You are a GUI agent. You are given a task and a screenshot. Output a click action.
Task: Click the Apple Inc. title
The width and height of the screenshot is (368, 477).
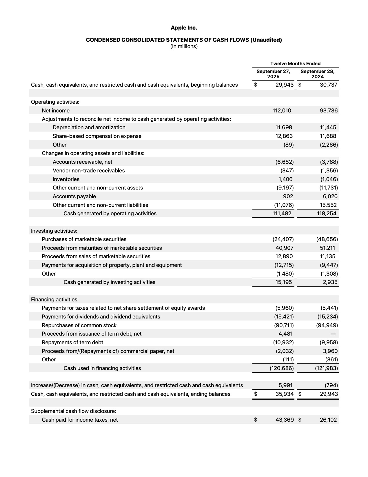click(184, 28)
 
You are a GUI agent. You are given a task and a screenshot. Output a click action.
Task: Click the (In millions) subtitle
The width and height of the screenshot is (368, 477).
click(184, 46)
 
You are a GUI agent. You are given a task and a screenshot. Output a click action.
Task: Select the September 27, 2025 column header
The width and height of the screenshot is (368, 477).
click(273, 74)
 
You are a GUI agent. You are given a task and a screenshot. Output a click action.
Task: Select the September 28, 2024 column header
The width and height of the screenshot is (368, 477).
click(317, 74)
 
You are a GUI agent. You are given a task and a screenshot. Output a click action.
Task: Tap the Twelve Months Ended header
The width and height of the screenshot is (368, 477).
click(295, 63)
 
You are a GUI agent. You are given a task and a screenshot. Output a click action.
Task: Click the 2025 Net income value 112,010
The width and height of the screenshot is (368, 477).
click(282, 110)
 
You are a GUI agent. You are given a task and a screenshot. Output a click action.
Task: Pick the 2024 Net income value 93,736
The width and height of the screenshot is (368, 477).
click(329, 110)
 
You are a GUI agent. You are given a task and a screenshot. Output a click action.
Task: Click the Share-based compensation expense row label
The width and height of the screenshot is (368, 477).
click(97, 136)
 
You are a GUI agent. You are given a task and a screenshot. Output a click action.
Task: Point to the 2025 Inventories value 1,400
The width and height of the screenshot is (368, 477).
click(285, 179)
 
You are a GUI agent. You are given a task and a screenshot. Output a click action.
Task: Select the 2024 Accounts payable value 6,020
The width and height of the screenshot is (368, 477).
click(330, 196)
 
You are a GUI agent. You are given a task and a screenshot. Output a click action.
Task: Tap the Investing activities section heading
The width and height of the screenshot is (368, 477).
click(54, 231)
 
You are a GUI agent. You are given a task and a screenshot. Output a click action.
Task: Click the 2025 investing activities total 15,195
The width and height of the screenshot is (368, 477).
click(284, 282)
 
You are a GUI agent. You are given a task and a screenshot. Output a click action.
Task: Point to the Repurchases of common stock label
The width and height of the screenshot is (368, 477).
click(79, 325)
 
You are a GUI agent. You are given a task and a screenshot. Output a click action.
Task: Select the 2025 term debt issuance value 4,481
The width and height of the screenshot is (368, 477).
click(285, 334)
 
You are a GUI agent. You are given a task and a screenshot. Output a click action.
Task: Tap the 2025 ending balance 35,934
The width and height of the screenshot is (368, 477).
click(284, 394)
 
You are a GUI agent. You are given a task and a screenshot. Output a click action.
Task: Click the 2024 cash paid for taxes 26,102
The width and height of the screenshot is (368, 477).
click(328, 420)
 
